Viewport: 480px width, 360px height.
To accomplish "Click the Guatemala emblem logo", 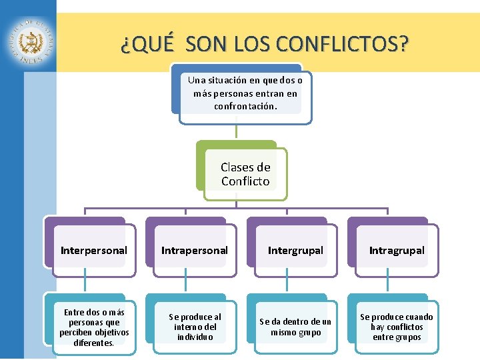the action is tap(31, 41).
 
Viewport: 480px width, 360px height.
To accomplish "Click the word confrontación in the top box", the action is tap(245, 106).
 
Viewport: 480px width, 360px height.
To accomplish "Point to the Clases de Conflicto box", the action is tap(245, 174).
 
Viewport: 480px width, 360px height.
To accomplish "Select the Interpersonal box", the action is tap(93, 251).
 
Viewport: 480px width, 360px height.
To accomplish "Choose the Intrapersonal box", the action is tap(195, 251).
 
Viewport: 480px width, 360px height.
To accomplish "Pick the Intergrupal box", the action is tap(295, 251).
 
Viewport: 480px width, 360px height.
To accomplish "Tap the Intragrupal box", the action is tap(397, 251).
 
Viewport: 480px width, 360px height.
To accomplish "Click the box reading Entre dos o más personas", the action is tap(94, 327).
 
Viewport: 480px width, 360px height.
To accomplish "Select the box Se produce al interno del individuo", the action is tap(195, 327).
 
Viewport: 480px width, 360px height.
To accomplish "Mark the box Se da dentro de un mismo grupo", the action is tap(295, 327).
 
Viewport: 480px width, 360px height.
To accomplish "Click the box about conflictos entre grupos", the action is tap(397, 327).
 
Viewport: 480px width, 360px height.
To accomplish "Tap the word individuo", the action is tap(195, 337).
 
